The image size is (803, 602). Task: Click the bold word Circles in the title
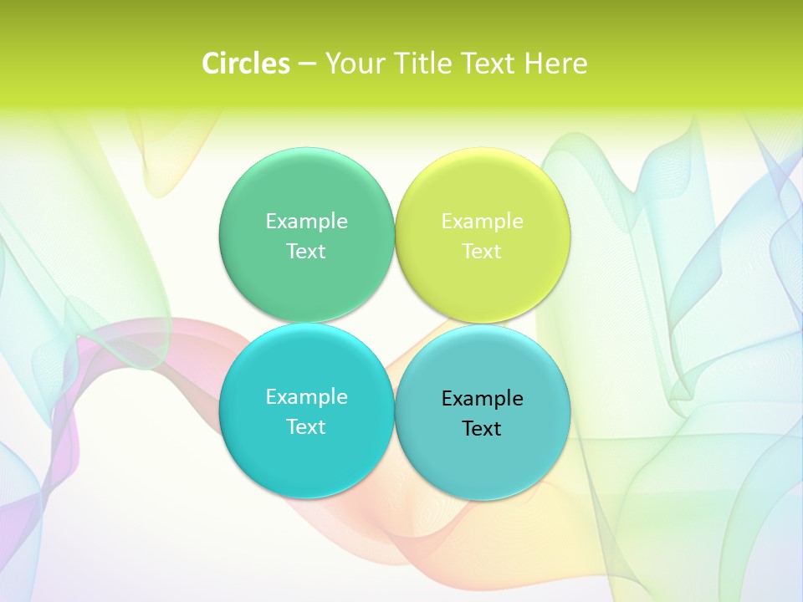click(246, 64)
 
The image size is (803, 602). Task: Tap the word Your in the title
click(351, 64)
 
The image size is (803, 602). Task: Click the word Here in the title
click(556, 64)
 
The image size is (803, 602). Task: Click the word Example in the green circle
click(306, 222)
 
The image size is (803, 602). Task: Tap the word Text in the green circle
click(306, 252)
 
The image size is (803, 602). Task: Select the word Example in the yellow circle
click(482, 222)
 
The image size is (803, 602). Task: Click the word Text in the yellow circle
click(482, 252)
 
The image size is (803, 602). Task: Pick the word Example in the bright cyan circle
click(306, 397)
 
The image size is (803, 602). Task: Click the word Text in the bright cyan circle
click(306, 427)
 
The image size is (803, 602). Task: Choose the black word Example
click(482, 399)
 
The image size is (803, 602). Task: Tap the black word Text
click(482, 429)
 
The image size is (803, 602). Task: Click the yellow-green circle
click(482, 284)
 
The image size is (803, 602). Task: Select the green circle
click(306, 284)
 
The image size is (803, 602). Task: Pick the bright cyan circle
click(306, 460)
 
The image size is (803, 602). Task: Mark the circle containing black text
click(482, 464)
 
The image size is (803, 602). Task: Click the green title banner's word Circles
click(246, 64)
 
